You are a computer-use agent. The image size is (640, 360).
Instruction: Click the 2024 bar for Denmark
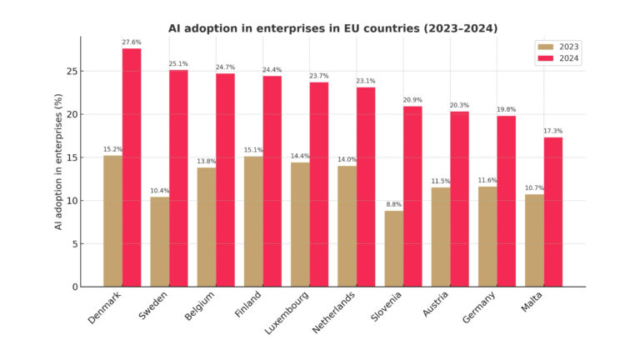[x=132, y=167]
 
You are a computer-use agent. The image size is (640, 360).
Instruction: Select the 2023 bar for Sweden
[x=159, y=242]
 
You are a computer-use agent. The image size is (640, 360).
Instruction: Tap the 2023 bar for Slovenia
[x=394, y=248]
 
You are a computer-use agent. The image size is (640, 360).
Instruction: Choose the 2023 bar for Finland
[x=253, y=222]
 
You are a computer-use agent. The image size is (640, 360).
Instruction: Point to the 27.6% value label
[x=132, y=42]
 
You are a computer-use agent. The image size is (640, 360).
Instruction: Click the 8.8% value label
[x=394, y=204]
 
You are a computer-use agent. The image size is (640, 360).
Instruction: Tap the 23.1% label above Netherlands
[x=366, y=81]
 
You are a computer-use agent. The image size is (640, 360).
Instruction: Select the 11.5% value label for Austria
[x=441, y=181]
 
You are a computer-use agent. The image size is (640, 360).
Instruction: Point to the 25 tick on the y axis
[x=72, y=71]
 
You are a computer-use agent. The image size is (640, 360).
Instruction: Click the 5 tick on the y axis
[x=75, y=244]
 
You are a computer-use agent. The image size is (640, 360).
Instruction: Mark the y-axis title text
[x=59, y=162]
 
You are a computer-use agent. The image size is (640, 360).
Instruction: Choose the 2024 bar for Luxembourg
[x=319, y=184]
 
